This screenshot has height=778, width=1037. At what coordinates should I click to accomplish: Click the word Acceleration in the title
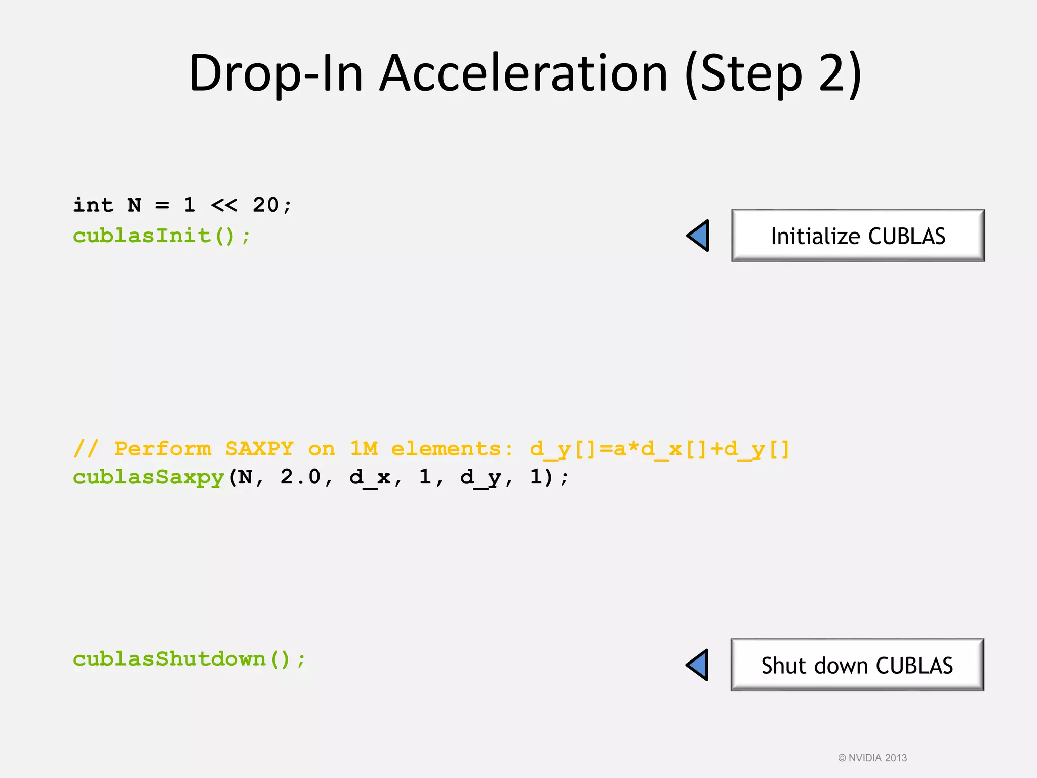coord(524,73)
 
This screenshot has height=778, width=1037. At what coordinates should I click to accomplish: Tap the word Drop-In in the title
coord(276,73)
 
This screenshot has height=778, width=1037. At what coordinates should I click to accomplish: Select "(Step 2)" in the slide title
coord(773,73)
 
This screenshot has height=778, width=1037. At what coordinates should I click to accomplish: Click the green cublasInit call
coord(162,236)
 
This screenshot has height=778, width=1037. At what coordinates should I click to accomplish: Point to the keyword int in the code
coord(93,205)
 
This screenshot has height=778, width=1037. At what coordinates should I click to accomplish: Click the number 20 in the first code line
coord(266,205)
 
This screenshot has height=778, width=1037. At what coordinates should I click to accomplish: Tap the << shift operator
coord(224,205)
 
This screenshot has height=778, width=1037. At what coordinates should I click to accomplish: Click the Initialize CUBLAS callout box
coord(858,236)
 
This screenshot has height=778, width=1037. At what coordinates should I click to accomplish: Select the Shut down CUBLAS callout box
coord(857,665)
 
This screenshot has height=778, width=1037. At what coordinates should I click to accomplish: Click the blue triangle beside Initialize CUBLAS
coord(699,236)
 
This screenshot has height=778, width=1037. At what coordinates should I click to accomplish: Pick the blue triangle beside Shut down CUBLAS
coord(698,665)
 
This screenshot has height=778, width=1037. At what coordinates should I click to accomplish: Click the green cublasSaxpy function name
coord(148,477)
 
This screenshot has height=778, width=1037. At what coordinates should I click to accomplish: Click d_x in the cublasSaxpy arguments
coord(370,477)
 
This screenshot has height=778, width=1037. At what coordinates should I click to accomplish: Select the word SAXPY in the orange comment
coord(259,449)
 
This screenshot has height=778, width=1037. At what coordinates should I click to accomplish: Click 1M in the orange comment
coord(364,449)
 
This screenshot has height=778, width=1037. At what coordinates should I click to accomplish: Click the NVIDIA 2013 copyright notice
coord(872,758)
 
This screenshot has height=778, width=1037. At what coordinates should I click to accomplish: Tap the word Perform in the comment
coord(163,449)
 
